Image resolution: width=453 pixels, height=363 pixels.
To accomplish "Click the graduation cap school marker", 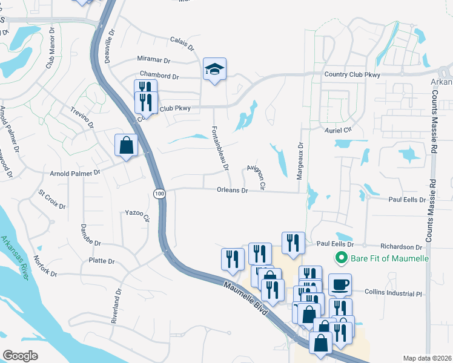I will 214,70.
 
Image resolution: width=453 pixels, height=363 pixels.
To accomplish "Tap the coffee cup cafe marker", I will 340,284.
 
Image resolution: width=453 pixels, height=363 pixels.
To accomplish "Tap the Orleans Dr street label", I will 233,190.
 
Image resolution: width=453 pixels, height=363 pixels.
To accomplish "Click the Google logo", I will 20,355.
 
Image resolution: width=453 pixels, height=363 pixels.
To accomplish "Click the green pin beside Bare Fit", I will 341,259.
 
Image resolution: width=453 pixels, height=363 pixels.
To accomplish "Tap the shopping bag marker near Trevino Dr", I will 125,146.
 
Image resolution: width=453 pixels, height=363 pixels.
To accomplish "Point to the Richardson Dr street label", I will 401,247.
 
